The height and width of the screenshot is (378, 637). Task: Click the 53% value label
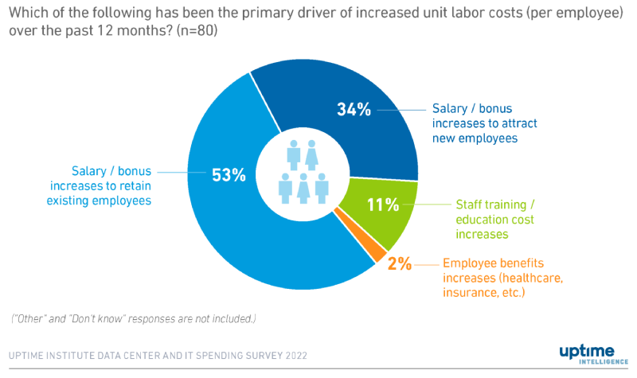[x=229, y=176]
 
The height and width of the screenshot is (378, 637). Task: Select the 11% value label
[x=382, y=205]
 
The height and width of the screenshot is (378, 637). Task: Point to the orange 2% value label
[x=400, y=263]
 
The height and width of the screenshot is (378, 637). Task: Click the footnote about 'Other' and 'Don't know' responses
[x=134, y=319]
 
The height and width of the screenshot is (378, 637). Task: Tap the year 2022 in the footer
[x=293, y=355]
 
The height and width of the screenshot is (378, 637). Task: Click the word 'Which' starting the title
[x=26, y=14]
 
